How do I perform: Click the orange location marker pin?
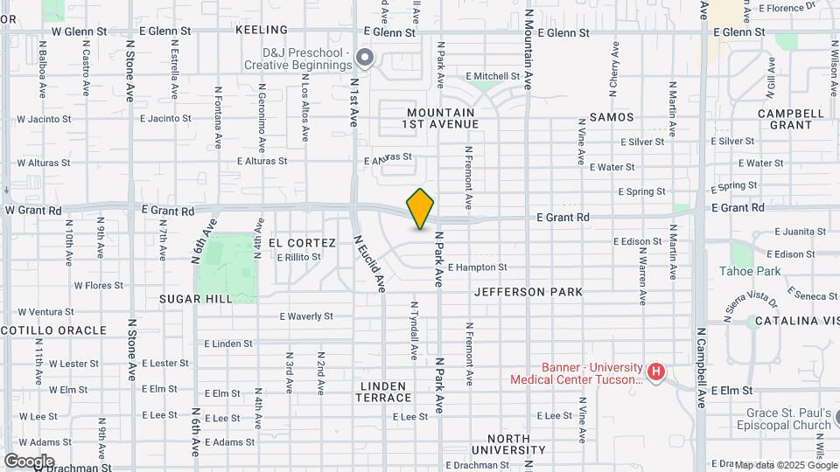tap(421, 208)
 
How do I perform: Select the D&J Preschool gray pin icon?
tap(367, 59)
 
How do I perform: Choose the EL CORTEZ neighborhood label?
tap(302, 243)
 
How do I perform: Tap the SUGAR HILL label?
tap(196, 299)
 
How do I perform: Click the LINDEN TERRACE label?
tap(383, 392)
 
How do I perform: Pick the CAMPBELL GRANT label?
tap(791, 119)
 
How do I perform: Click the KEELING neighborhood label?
tap(262, 30)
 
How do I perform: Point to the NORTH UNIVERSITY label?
tap(508, 444)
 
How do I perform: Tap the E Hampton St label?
tap(479, 267)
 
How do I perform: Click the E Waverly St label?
tap(306, 316)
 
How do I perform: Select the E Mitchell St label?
tap(493, 76)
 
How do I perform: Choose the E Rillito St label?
tap(304, 258)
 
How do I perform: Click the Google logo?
tap(29, 461)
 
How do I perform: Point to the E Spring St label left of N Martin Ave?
tap(641, 191)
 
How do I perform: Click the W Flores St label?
tap(98, 285)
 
